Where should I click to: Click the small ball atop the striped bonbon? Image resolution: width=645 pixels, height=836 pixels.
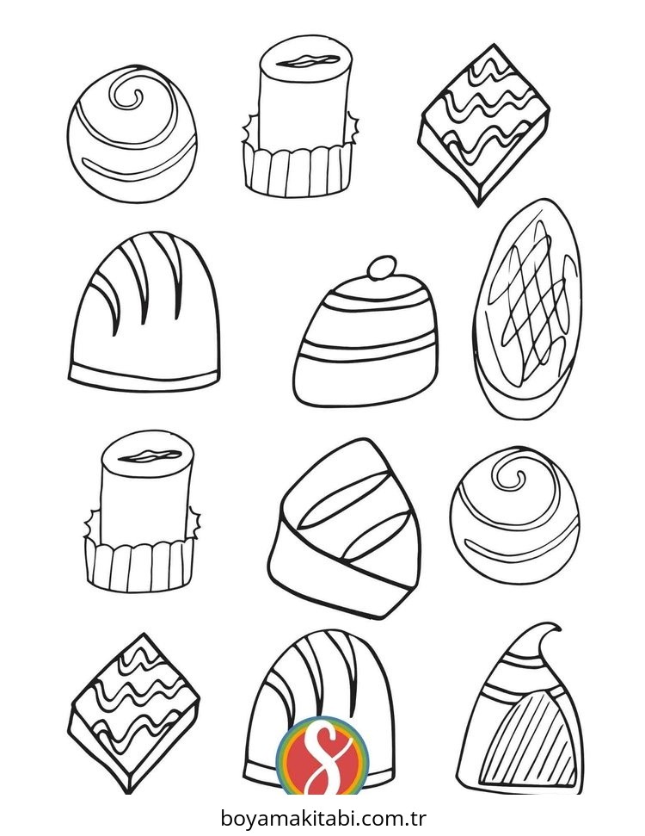point(382,267)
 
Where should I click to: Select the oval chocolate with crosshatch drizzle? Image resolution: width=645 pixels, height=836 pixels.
point(526,308)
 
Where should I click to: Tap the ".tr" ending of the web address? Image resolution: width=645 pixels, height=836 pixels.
point(416,817)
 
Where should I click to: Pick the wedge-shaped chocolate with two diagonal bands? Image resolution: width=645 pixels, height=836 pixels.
point(343,528)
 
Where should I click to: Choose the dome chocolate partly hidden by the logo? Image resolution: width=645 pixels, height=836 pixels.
point(320,709)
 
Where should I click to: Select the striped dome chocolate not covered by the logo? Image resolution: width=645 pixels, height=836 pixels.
point(144,312)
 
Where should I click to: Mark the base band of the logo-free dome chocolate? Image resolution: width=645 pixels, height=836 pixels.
point(144,377)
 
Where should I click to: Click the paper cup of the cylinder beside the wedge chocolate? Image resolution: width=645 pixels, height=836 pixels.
point(140,565)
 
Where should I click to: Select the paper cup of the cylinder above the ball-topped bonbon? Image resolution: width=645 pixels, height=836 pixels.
point(298,170)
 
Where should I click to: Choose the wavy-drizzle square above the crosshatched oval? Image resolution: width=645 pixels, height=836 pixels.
point(485,124)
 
